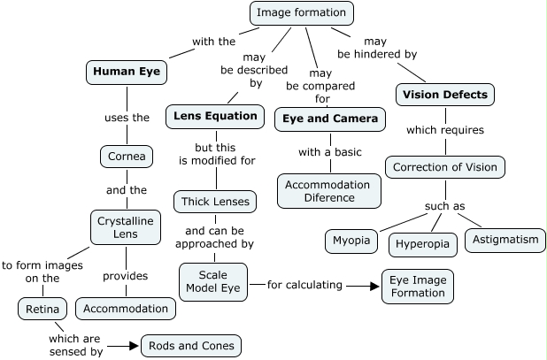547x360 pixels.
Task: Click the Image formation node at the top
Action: point(302,13)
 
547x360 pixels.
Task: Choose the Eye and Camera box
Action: point(330,118)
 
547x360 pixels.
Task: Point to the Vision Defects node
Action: point(444,94)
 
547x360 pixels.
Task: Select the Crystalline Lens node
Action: point(125,226)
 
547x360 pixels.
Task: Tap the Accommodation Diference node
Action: point(329,190)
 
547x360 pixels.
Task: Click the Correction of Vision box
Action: point(445,166)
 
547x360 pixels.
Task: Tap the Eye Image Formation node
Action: point(418,286)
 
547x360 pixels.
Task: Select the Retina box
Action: point(42,309)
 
